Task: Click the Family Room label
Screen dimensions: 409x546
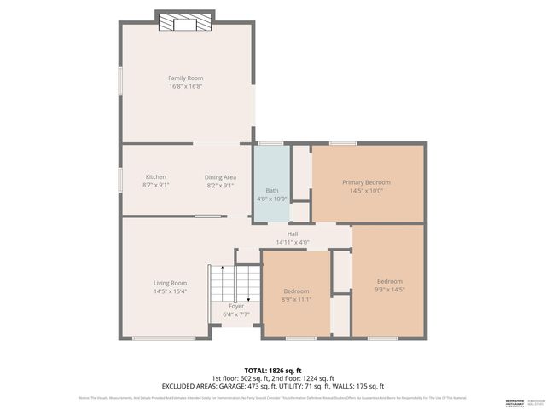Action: click(185, 78)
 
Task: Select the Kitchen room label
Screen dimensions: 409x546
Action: click(156, 176)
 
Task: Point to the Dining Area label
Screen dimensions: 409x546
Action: click(219, 176)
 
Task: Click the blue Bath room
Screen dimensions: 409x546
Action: click(271, 179)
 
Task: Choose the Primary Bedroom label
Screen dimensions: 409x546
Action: click(366, 182)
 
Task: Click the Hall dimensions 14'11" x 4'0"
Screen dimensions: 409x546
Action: click(292, 242)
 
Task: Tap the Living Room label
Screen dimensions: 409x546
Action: click(170, 283)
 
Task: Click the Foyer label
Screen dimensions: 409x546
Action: click(236, 306)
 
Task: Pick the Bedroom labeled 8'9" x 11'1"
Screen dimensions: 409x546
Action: click(295, 298)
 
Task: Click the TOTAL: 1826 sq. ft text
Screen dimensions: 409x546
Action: click(273, 371)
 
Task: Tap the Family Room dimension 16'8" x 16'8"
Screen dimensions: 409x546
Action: click(185, 86)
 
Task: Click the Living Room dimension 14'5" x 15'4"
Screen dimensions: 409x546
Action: click(170, 291)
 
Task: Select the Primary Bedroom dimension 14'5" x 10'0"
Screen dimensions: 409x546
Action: click(366, 191)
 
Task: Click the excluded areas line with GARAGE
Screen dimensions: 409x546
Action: click(273, 386)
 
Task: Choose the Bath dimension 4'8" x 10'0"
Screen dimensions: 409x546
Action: click(271, 199)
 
